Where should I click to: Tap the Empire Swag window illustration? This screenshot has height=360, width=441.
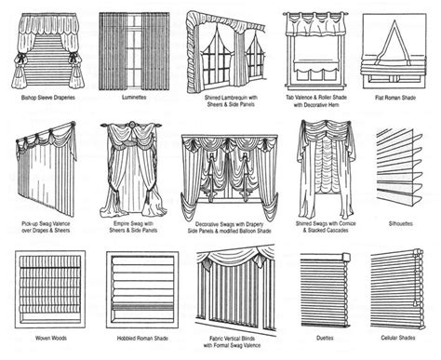(137, 167)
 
